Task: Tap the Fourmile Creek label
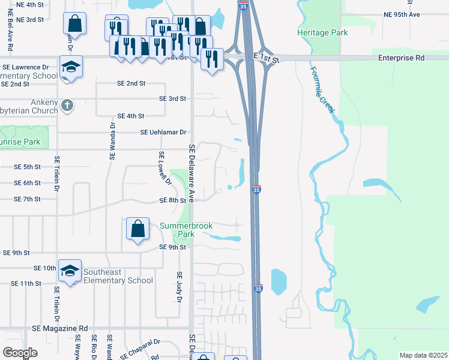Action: (x=324, y=90)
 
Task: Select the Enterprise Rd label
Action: (x=401, y=58)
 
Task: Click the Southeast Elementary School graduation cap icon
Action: (x=70, y=271)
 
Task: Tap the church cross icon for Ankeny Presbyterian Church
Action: (x=67, y=106)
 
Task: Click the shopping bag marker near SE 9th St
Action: (x=138, y=229)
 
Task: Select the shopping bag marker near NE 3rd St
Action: (x=75, y=25)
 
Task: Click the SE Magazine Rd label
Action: (x=60, y=329)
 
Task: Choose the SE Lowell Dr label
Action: (x=164, y=169)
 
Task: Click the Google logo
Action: (x=20, y=353)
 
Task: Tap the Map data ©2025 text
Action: (x=423, y=355)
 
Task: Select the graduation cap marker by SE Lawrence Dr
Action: (x=71, y=66)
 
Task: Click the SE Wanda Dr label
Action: (x=112, y=142)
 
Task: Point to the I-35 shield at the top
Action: (x=243, y=5)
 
